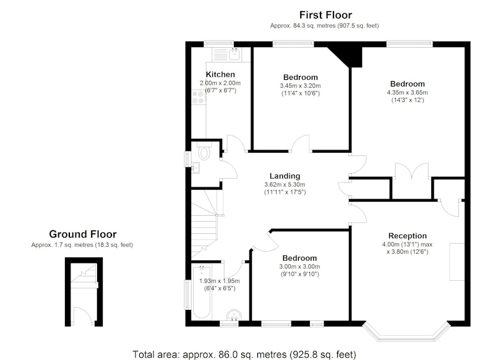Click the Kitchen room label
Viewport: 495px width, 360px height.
[220, 74]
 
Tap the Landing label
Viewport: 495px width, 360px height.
[285, 176]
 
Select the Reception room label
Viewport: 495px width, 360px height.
[408, 236]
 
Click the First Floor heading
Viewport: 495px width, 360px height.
[325, 15]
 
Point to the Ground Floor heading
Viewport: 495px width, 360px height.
[83, 234]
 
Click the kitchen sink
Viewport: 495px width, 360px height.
[235, 54]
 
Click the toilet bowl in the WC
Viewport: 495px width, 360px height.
[204, 153]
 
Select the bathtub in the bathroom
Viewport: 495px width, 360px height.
[202, 292]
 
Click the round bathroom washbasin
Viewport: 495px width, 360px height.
[234, 315]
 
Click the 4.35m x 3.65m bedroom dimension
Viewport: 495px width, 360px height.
[407, 92]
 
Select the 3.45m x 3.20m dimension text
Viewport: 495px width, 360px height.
[300, 86]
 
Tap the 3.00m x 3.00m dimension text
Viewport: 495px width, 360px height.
[299, 267]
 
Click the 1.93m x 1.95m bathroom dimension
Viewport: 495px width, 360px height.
[220, 281]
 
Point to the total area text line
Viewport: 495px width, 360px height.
[244, 354]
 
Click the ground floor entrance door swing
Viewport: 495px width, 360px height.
[84, 315]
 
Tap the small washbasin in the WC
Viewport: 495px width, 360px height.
[195, 167]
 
